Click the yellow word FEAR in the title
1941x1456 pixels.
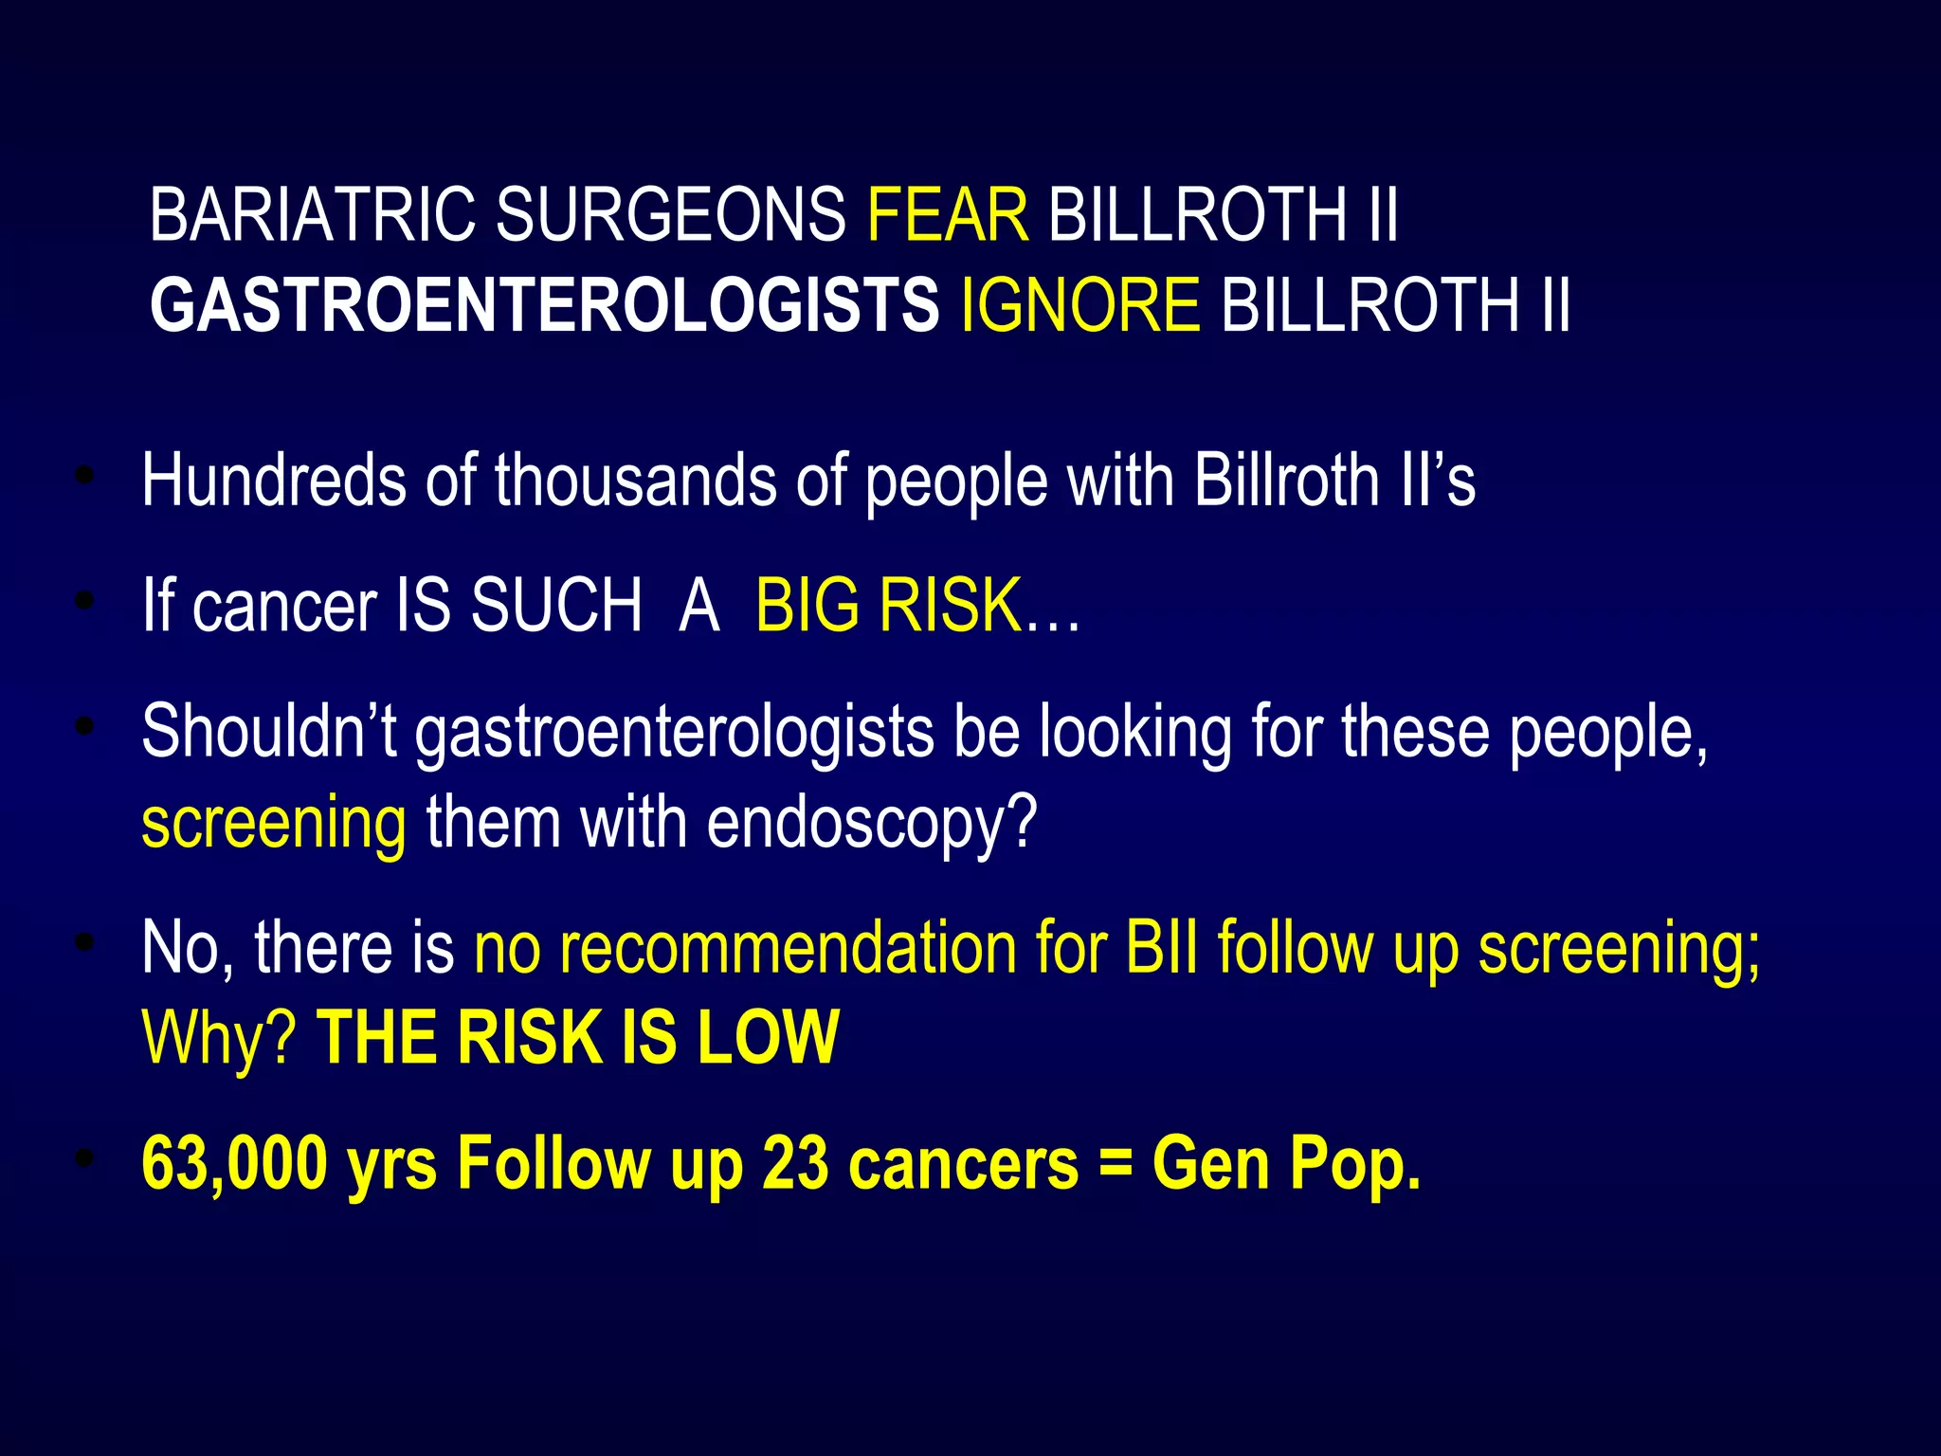(947, 215)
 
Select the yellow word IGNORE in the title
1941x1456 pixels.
(1080, 306)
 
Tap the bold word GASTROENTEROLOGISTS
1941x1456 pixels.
(544, 306)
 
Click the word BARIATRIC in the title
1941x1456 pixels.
(312, 215)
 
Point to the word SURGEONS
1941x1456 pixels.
(670, 215)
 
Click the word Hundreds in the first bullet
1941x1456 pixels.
(273, 481)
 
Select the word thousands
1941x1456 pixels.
(635, 481)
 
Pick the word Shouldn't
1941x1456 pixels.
(268, 732)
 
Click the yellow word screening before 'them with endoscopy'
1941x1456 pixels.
(274, 823)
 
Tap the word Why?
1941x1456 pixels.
(219, 1039)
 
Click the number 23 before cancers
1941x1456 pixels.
(795, 1164)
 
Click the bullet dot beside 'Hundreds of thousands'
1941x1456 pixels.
(85, 476)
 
